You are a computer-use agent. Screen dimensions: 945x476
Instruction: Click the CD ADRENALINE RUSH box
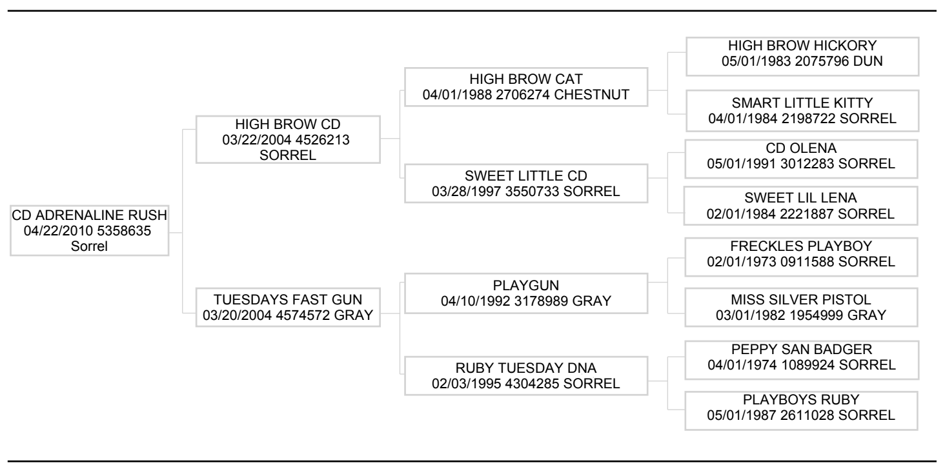[x=90, y=231]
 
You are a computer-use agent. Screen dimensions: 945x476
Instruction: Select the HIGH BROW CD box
[x=288, y=139]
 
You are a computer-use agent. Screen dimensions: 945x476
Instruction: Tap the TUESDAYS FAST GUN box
[x=288, y=308]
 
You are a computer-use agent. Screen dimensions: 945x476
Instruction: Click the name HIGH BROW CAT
[x=526, y=79]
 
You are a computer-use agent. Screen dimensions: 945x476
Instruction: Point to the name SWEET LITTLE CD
[x=526, y=175]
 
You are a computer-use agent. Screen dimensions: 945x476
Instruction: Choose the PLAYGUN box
[x=526, y=293]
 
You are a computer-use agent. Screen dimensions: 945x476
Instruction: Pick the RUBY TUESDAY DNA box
[x=526, y=375]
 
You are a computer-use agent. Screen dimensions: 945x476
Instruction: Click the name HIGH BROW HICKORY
[x=802, y=46]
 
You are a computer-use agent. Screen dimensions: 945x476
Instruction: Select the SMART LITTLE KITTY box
[x=802, y=110]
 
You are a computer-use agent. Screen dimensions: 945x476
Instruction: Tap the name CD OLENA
[x=801, y=148]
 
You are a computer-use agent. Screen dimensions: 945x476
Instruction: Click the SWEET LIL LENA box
[x=800, y=206]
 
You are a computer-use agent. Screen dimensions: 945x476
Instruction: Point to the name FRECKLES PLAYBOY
[x=801, y=246]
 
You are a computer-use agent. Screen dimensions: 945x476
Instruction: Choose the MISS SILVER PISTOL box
[x=801, y=308]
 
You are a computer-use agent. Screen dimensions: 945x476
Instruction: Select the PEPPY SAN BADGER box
[x=802, y=360]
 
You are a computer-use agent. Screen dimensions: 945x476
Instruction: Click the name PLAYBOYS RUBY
[x=801, y=399]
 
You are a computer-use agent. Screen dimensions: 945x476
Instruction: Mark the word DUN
[x=868, y=61]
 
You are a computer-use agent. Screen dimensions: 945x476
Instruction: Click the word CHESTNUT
[x=591, y=94]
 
